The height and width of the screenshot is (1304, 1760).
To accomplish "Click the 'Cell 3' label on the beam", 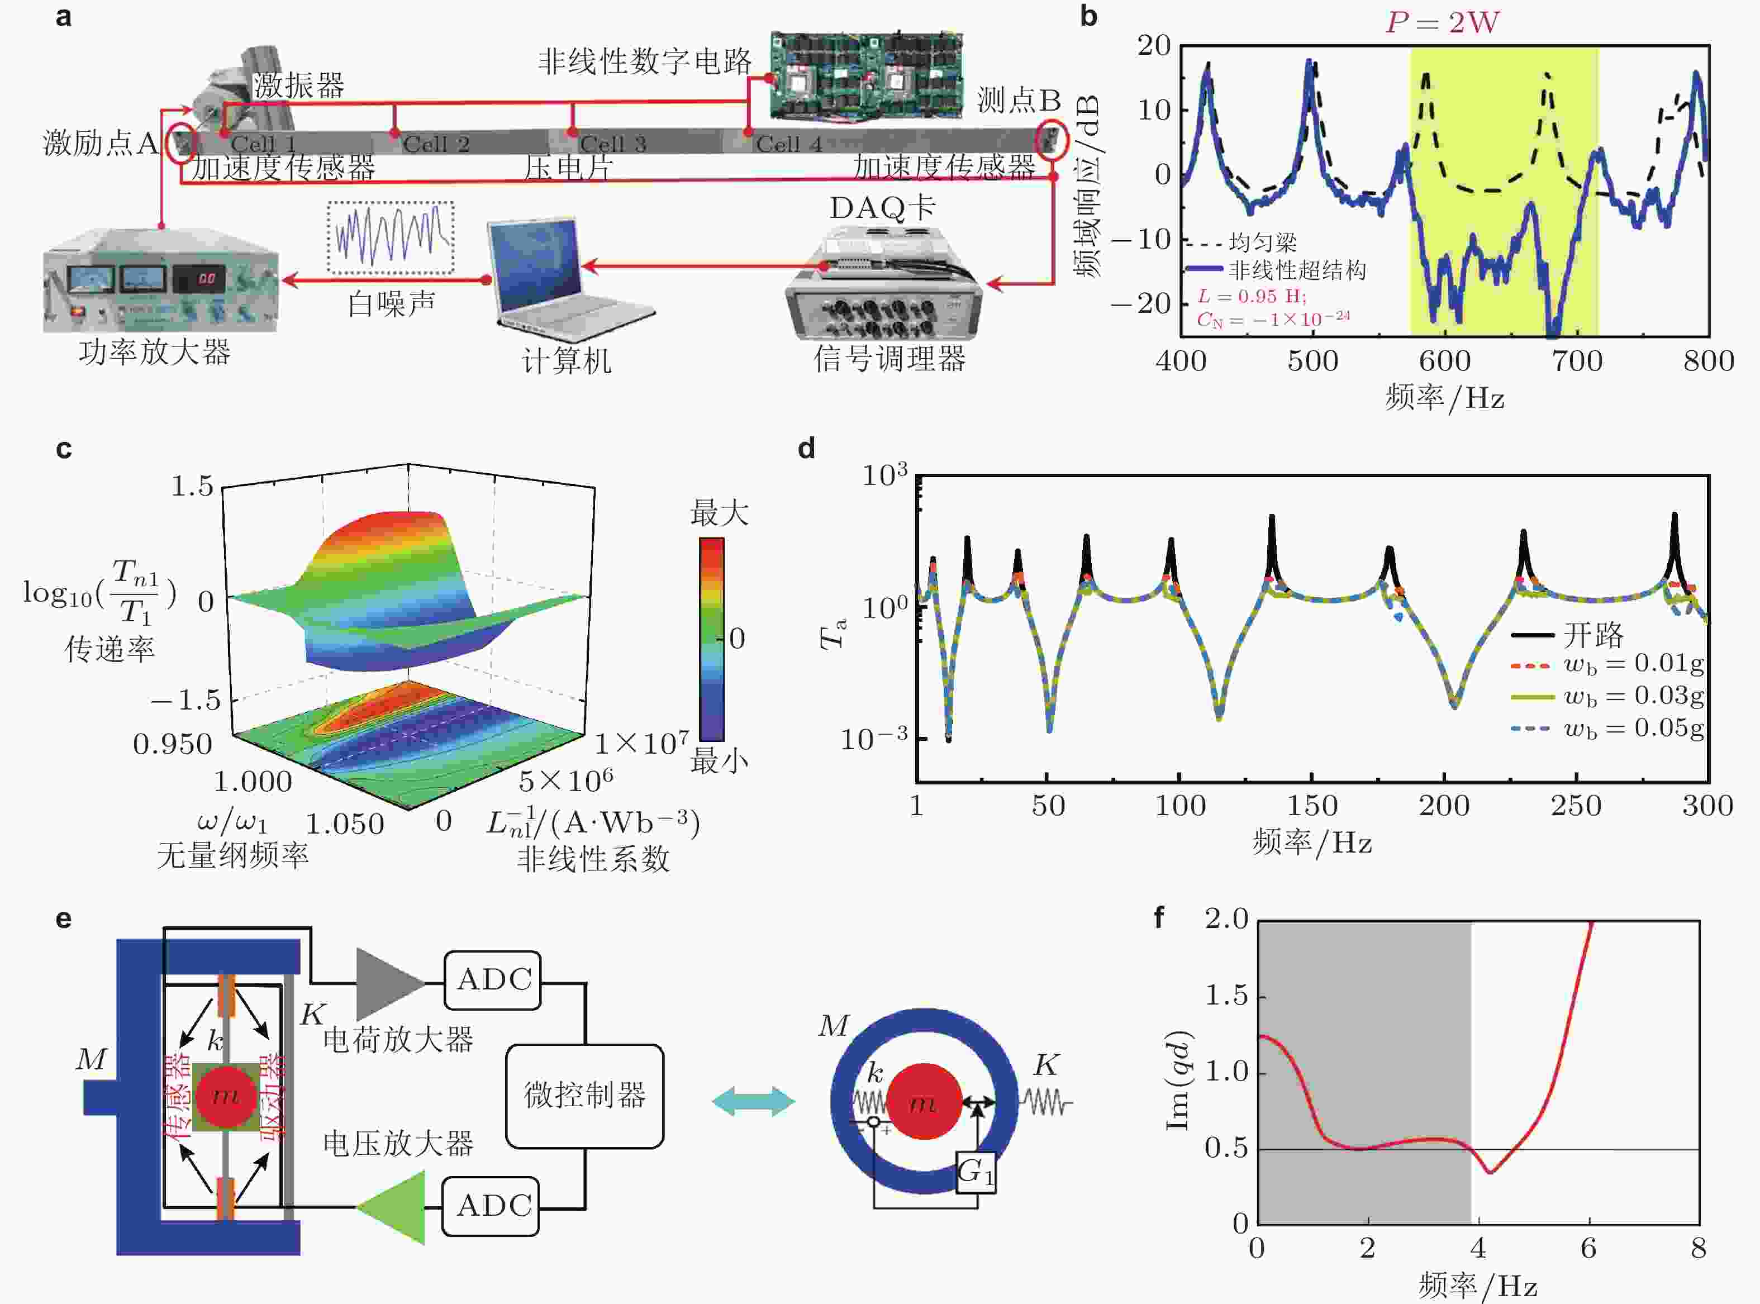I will [612, 144].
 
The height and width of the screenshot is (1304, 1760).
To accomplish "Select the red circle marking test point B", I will [1052, 140].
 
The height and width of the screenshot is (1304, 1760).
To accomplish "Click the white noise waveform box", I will [391, 237].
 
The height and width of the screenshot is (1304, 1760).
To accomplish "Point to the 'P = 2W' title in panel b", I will [1442, 22].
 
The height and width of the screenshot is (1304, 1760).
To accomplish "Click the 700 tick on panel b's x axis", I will [1577, 361].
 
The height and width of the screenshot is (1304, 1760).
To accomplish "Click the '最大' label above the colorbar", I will [719, 513].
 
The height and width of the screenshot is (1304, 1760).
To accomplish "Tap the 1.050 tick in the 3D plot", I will [344, 824].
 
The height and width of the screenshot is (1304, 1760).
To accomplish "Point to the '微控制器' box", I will [584, 1096].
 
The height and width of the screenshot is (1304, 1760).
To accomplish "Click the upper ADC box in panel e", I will [493, 979].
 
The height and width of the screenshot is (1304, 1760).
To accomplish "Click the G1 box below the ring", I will [976, 1172].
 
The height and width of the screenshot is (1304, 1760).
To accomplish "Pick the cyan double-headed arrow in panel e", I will [753, 1101].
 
